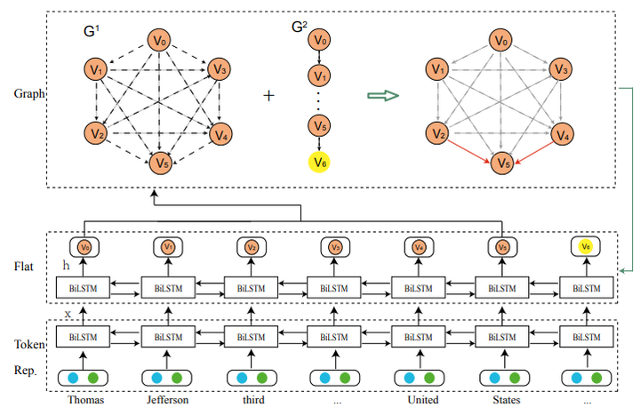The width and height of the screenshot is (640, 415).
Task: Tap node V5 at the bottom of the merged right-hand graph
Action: pyautogui.click(x=502, y=164)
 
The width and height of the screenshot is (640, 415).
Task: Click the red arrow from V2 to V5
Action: pyautogui.click(x=469, y=149)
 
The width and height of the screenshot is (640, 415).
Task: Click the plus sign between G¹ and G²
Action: pyautogui.click(x=269, y=95)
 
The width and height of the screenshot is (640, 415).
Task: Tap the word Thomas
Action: pyautogui.click(x=85, y=400)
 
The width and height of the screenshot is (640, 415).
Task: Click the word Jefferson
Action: pyautogui.click(x=169, y=400)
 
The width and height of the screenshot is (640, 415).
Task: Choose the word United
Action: pyautogui.click(x=420, y=400)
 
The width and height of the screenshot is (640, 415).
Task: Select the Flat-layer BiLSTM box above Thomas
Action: pyautogui.click(x=83, y=288)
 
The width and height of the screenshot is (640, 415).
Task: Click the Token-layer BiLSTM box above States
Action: pyautogui.click(x=502, y=338)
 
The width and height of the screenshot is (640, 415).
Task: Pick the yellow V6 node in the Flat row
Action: pyautogui.click(x=585, y=246)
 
